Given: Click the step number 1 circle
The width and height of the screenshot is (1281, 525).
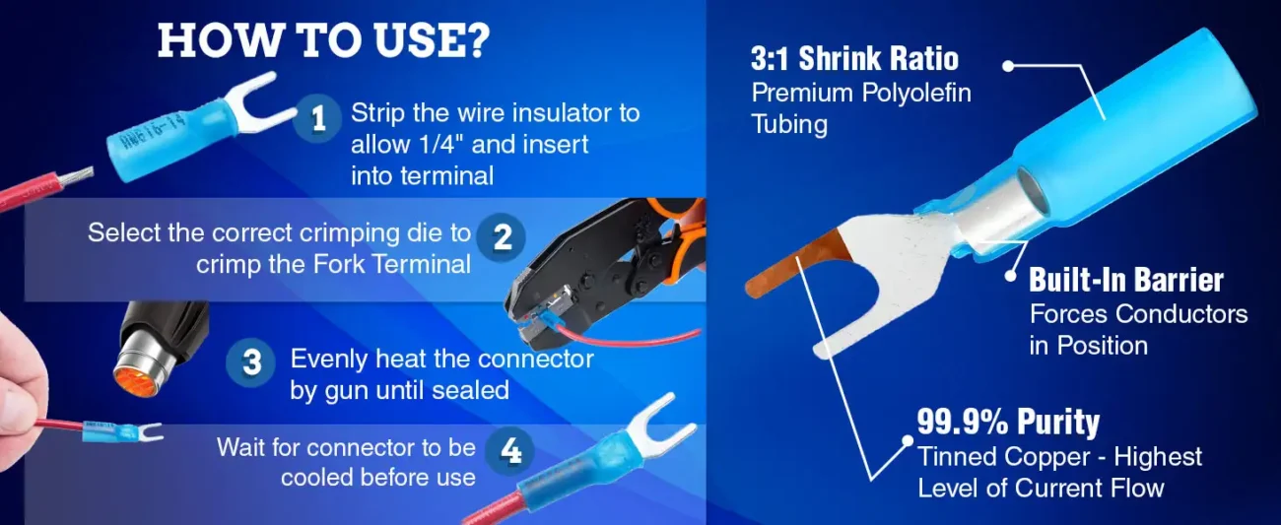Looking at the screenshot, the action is (x=318, y=118).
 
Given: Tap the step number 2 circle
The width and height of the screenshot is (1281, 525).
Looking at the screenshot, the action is (x=502, y=237).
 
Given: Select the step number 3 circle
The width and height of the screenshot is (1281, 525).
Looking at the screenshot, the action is (x=251, y=362).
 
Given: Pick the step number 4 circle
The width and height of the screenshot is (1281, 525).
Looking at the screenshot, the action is (x=510, y=452).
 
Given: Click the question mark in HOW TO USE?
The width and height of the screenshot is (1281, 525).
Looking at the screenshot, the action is (x=475, y=40).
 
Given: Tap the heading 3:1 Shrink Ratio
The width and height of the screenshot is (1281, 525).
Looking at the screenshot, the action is (x=854, y=59).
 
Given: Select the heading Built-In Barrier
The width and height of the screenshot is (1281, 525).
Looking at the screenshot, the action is (x=1126, y=280).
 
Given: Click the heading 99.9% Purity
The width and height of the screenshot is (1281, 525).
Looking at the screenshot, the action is (x=1008, y=422).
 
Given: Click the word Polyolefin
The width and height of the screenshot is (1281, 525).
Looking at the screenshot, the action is (x=915, y=93).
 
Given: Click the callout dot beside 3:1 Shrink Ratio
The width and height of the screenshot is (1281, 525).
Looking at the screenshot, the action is (x=1008, y=66).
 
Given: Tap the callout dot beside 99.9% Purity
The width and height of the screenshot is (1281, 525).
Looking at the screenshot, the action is (x=908, y=440).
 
